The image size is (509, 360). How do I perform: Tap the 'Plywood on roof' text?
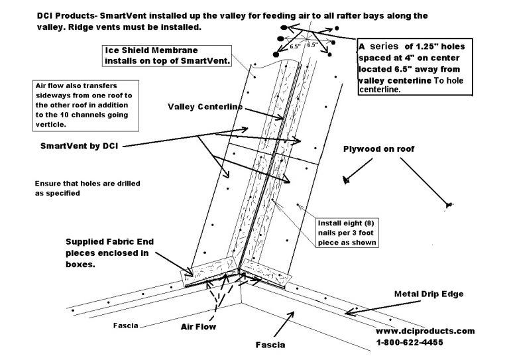tap(378, 149)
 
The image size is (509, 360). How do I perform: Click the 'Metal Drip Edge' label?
tap(428, 293)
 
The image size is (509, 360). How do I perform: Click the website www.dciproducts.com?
tap(425, 331)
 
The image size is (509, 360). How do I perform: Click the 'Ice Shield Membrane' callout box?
tap(166, 56)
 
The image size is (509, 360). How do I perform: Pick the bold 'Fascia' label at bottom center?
tap(271, 345)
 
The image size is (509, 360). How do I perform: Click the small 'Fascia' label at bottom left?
tap(125, 326)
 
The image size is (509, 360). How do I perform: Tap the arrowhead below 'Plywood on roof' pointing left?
tap(345, 179)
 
